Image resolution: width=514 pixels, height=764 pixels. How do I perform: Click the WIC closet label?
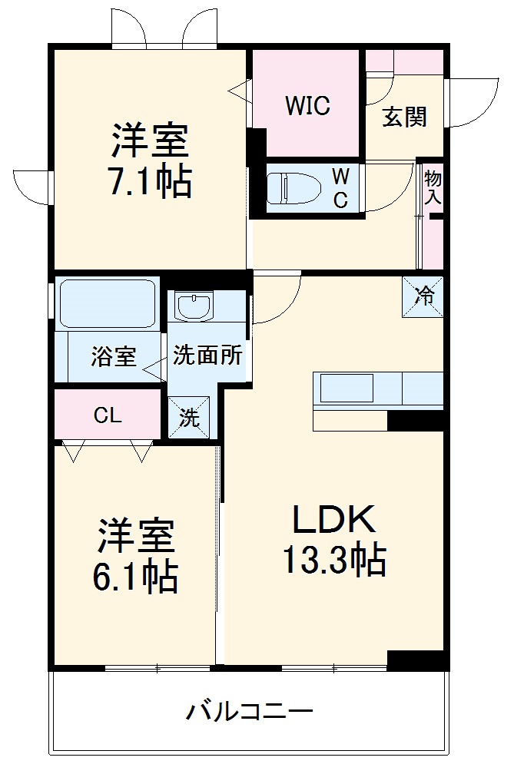[x=307, y=105]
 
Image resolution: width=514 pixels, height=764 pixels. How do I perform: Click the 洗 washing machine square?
[x=189, y=418]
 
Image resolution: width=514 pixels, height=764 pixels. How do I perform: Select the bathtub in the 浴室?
[x=108, y=303]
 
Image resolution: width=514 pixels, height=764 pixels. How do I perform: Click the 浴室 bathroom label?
[x=114, y=356]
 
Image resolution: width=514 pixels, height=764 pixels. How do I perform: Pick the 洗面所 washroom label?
[x=207, y=356]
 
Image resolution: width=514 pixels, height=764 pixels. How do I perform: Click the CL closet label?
[x=108, y=415]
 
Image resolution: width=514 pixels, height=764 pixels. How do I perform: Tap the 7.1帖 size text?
[x=151, y=181]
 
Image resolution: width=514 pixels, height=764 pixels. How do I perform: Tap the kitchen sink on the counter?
[x=347, y=388]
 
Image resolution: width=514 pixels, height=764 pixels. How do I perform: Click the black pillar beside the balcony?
[x=416, y=660]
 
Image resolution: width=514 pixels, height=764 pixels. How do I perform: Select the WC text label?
[x=340, y=188]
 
